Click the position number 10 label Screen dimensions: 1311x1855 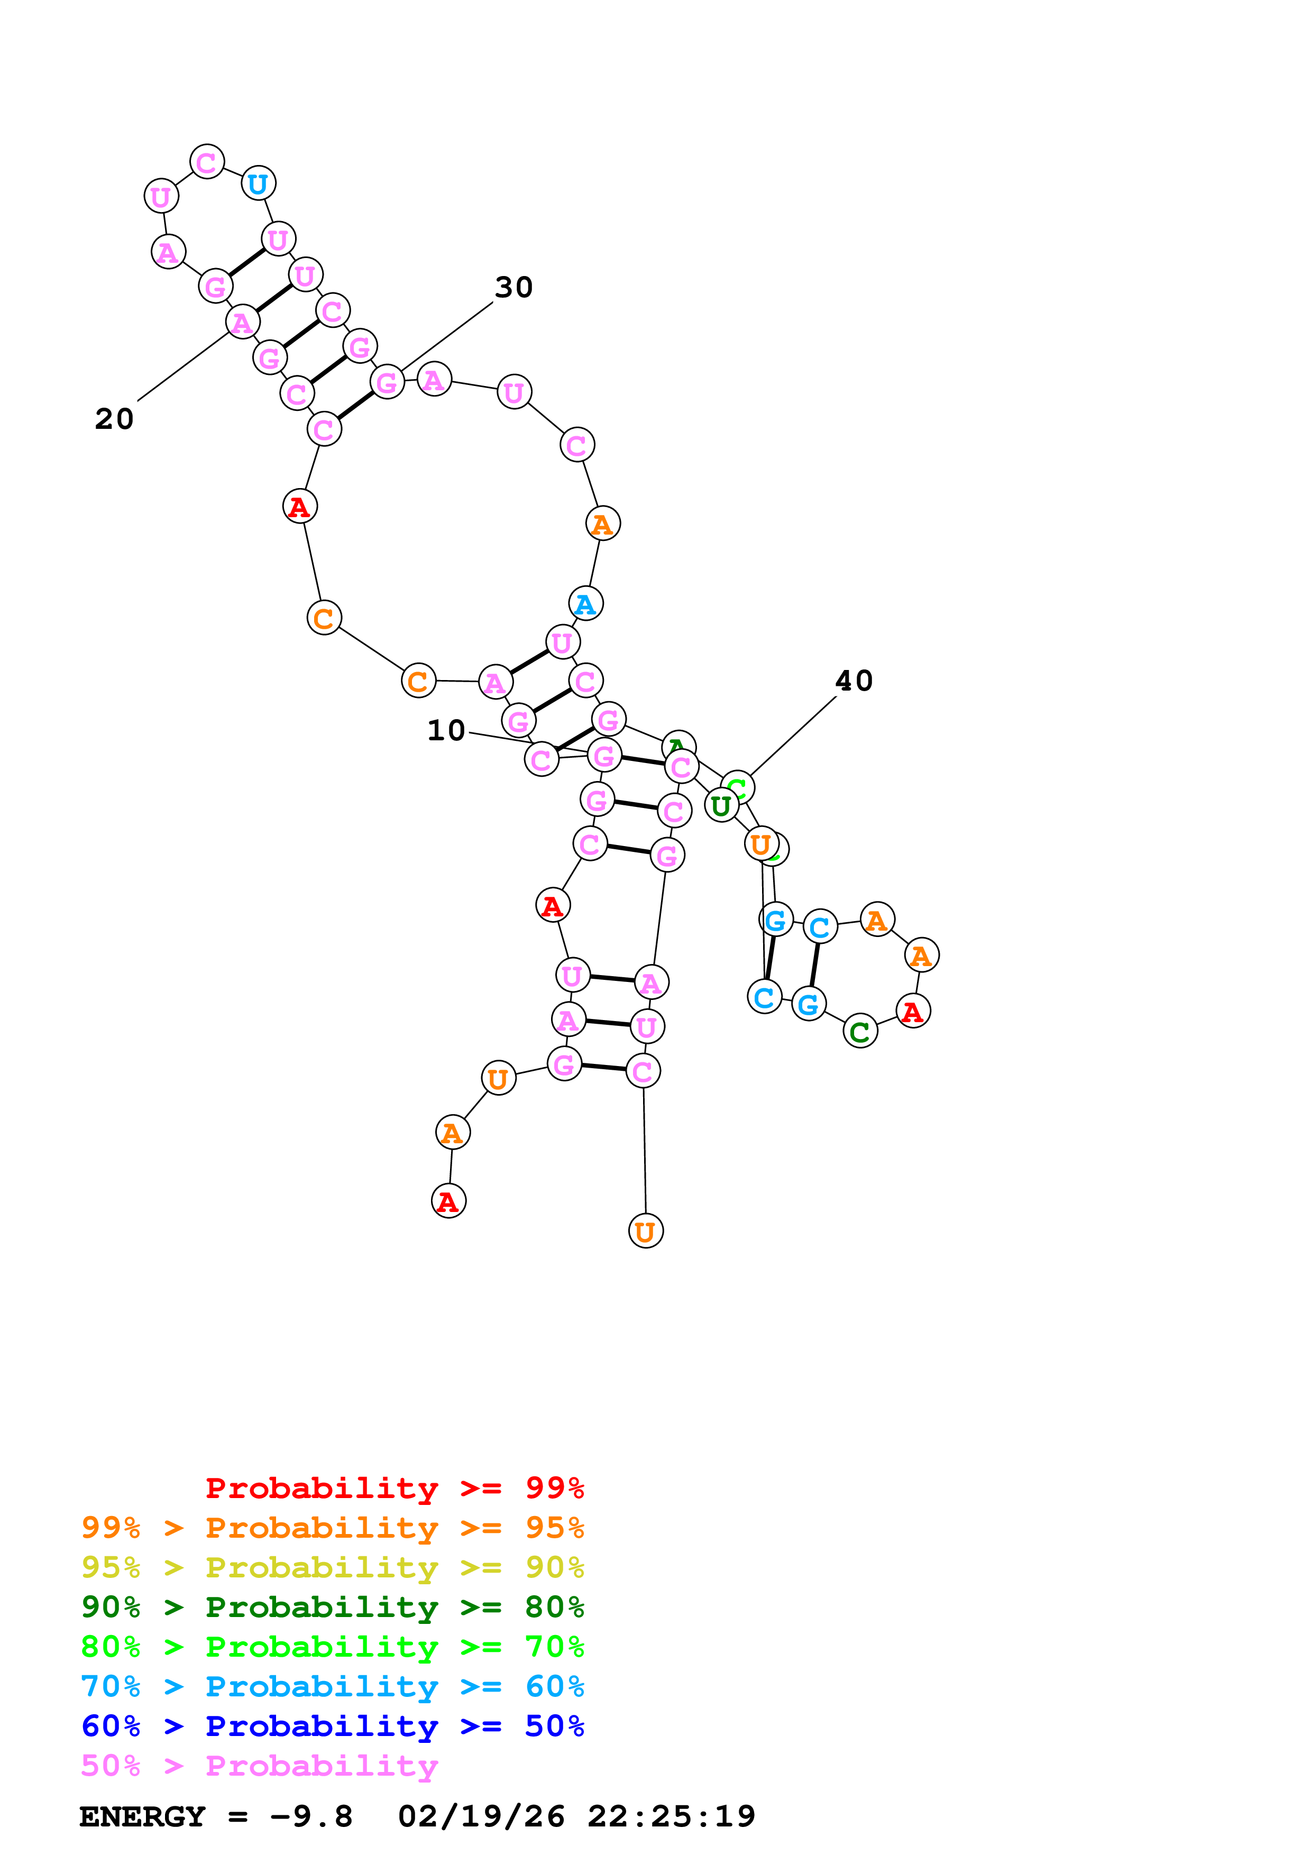point(446,730)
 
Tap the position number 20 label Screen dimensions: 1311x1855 point(114,418)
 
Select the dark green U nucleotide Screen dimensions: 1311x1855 point(720,805)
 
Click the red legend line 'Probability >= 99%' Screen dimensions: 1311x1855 point(394,1488)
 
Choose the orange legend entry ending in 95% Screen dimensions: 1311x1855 point(332,1528)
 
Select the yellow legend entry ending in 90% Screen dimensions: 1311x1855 point(332,1567)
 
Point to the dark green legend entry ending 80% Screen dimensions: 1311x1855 point(332,1607)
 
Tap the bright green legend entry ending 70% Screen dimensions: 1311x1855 point(332,1647)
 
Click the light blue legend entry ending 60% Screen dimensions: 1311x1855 point(332,1686)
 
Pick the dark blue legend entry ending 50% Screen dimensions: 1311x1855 point(332,1726)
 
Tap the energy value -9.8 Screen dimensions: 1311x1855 point(311,1817)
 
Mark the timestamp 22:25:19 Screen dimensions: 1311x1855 point(671,1817)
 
